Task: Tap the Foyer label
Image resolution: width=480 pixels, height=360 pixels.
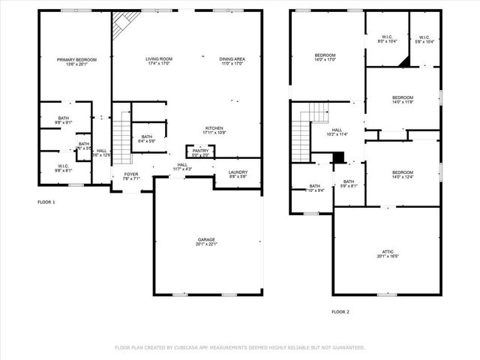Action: (131, 175)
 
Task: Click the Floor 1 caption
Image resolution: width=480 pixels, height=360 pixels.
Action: (46, 202)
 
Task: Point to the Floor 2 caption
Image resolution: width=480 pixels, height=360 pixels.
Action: (340, 312)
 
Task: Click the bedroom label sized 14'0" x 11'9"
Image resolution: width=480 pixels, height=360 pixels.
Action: (403, 99)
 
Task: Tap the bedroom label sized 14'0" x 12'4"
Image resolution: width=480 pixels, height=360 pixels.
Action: (403, 174)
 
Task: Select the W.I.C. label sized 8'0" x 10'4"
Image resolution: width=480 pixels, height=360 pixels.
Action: (387, 38)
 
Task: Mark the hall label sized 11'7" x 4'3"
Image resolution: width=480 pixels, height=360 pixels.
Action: (182, 167)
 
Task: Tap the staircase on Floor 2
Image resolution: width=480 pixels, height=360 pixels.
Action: (301, 135)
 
